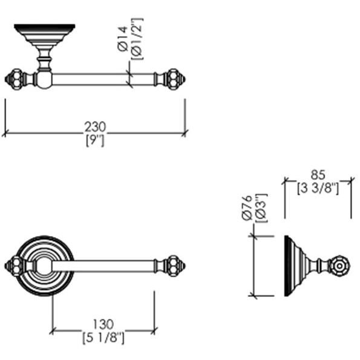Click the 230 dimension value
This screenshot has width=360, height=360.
pyautogui.click(x=95, y=126)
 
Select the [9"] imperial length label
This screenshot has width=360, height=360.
pyautogui.click(x=95, y=140)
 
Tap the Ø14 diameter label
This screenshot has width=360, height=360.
pyautogui.click(x=122, y=39)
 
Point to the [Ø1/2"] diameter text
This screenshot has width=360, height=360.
pyautogui.click(x=137, y=39)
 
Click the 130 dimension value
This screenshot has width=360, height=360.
pyautogui.click(x=103, y=324)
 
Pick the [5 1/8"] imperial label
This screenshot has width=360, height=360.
pyautogui.click(x=103, y=338)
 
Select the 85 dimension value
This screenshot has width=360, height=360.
pyautogui.click(x=318, y=175)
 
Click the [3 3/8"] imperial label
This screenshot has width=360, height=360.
pyautogui.click(x=318, y=188)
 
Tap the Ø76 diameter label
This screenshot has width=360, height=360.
pyautogui.click(x=247, y=208)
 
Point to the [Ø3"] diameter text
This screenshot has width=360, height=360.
pyautogui.click(x=261, y=208)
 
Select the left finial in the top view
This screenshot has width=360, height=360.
pyautogui.click(x=15, y=79)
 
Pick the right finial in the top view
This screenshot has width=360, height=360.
pyautogui.click(x=176, y=79)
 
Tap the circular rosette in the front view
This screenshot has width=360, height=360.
pyautogui.click(x=45, y=266)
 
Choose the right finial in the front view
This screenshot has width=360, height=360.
pyautogui.click(x=176, y=266)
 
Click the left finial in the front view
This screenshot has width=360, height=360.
pyautogui.click(x=15, y=266)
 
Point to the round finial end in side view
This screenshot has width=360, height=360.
pyautogui.click(x=339, y=266)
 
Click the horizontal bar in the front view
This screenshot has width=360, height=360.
pyautogui.click(x=103, y=266)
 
